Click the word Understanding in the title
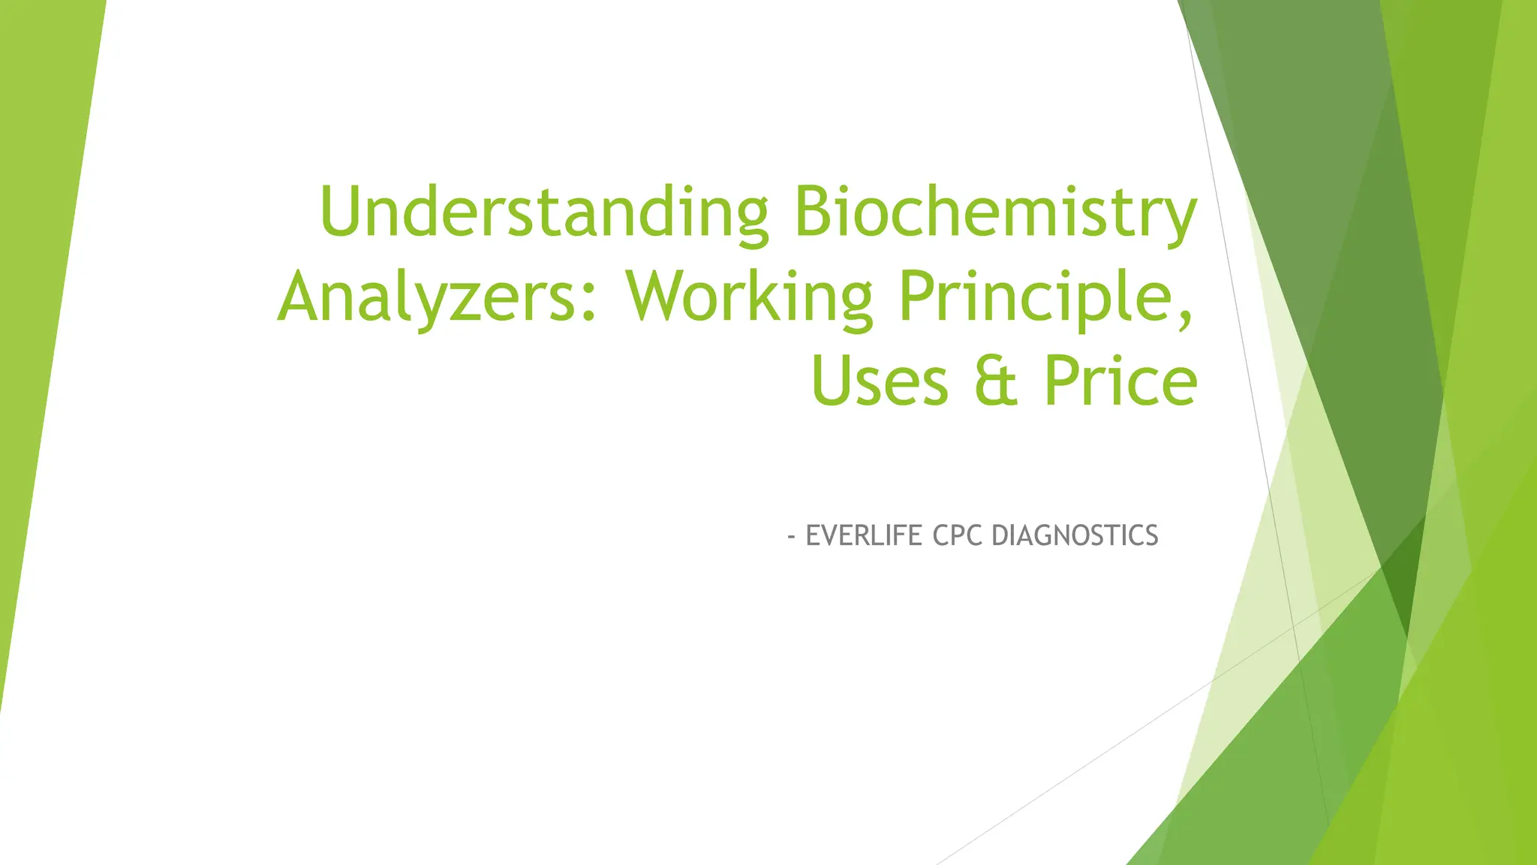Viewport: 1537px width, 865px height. click(544, 212)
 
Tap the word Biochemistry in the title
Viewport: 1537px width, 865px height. click(994, 212)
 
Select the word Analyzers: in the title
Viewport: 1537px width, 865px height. click(438, 297)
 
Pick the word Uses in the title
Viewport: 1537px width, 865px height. click(880, 381)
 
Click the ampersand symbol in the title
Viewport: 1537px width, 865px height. click(996, 381)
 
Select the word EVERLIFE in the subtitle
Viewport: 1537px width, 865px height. click(864, 535)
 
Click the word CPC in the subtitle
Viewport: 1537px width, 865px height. click(958, 535)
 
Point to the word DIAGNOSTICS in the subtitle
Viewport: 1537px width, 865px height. click(1075, 535)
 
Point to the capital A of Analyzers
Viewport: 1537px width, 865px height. click(305, 297)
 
